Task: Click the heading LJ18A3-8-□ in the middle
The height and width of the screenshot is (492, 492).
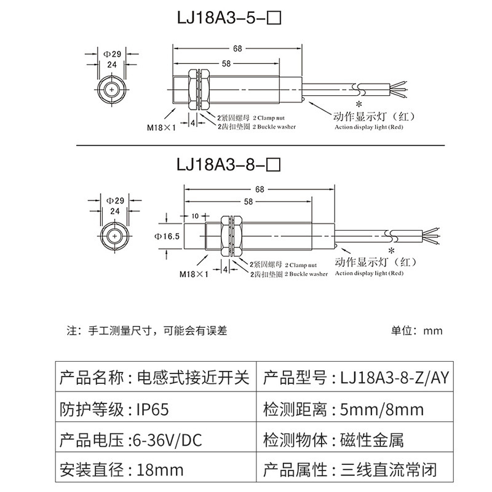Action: click(228, 164)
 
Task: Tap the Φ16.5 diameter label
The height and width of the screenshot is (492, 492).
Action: click(167, 236)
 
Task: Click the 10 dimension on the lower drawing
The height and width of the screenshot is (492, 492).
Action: click(195, 215)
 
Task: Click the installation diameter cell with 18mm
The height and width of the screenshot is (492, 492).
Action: click(159, 471)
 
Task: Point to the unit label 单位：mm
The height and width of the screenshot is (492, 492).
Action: click(416, 330)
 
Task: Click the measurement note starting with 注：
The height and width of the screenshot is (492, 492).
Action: click(147, 330)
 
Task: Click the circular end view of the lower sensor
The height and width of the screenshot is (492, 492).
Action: click(114, 236)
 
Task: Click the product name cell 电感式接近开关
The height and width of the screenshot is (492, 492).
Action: click(191, 377)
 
